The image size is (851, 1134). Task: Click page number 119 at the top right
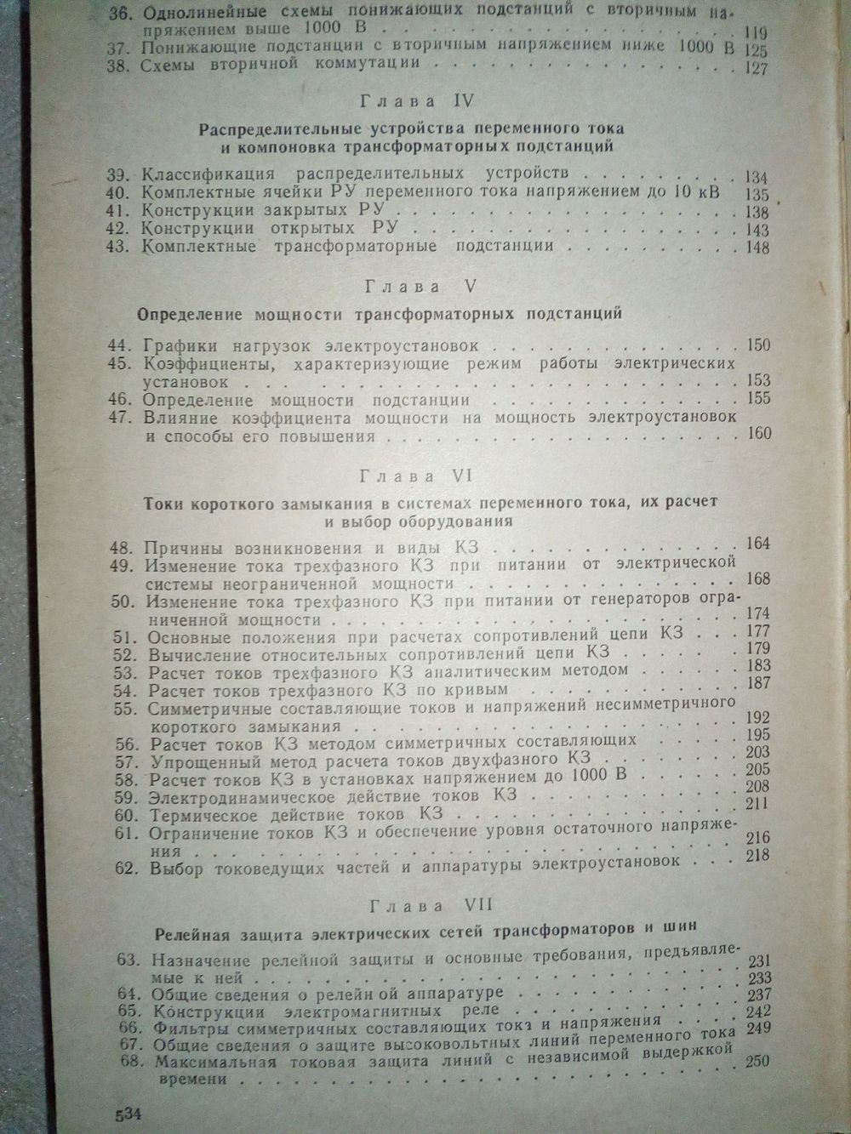click(753, 32)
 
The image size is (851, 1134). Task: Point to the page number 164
click(757, 544)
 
